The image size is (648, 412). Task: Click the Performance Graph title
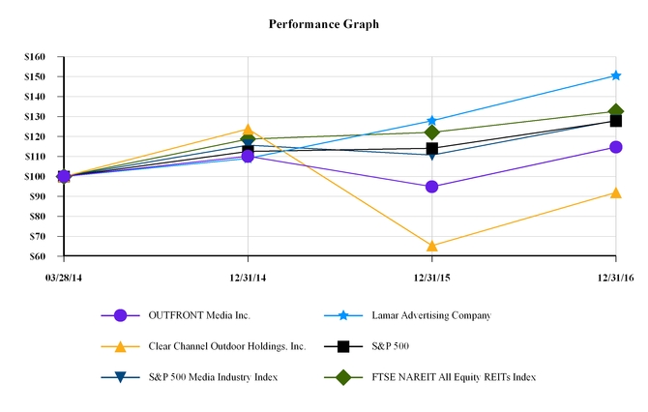(324, 23)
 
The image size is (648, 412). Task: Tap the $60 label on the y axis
(38, 256)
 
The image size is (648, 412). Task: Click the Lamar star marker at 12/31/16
(615, 75)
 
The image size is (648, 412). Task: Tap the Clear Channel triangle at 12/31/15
(431, 246)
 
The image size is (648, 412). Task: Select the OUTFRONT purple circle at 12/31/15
(431, 187)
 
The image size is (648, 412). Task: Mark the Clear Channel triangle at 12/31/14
(248, 130)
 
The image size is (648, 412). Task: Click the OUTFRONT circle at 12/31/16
(615, 147)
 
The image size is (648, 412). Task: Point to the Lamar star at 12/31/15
(431, 121)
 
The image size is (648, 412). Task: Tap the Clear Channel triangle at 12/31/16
(615, 192)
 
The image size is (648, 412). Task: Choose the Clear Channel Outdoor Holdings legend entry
(226, 345)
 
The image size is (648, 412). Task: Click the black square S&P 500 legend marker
(342, 345)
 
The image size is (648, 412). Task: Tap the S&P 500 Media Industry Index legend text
(213, 376)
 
